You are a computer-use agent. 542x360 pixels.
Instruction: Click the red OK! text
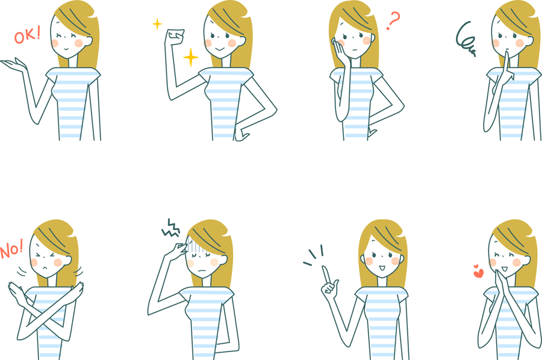(27, 35)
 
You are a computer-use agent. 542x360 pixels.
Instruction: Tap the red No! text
(11, 249)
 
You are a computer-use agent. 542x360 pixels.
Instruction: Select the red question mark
(393, 20)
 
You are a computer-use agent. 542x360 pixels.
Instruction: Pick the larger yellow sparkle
(190, 57)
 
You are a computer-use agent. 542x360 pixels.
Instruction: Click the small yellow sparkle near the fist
(157, 24)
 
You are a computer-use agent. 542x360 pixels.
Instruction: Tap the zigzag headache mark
(171, 228)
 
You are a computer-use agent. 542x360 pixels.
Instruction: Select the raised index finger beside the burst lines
(326, 275)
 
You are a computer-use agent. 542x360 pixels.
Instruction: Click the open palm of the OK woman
(14, 65)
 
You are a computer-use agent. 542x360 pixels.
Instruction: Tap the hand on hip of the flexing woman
(241, 135)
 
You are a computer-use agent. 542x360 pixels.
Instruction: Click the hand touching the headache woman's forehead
(178, 249)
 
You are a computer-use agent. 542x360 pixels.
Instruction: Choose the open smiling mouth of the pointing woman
(381, 268)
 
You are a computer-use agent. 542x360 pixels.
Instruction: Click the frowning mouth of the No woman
(45, 268)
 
